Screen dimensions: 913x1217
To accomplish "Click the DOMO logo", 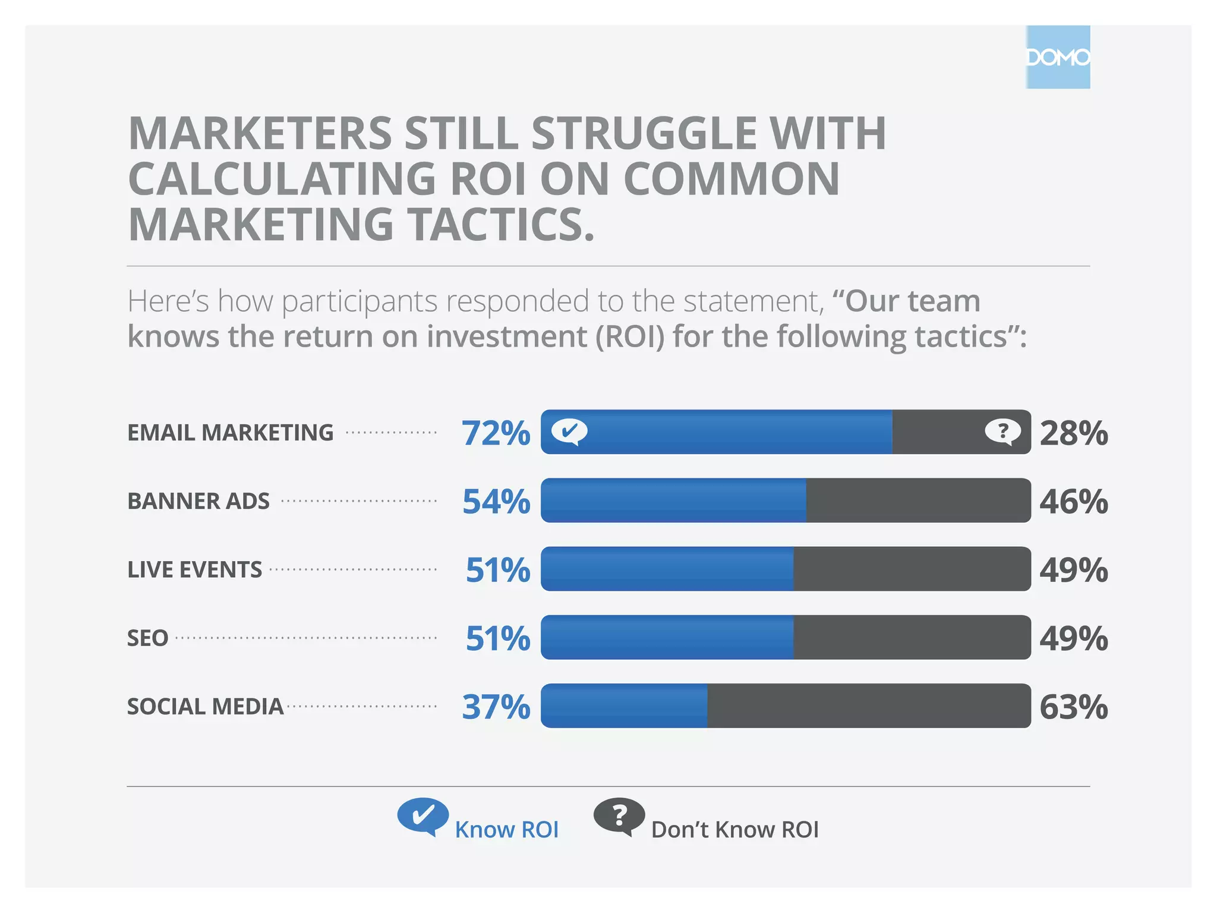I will [1058, 57].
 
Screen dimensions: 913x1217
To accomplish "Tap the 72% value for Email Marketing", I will [496, 433].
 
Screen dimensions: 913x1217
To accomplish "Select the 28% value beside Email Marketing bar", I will [1073, 433].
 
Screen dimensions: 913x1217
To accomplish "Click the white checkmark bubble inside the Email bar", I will [569, 431].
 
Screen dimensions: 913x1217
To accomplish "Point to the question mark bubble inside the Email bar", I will [1002, 431].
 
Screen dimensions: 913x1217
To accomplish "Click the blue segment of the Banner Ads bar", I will [673, 500].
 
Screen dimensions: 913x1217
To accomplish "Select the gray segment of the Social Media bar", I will [869, 706].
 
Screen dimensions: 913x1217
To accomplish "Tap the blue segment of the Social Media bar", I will [624, 706].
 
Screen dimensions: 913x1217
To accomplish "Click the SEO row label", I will [147, 638].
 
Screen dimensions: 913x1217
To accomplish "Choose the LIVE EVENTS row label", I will [194, 569].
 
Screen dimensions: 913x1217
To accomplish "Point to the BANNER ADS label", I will [198, 501].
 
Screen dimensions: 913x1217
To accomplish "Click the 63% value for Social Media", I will [1073, 707].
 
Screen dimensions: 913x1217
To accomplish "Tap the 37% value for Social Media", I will [496, 707].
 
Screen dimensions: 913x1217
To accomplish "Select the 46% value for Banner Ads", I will [1073, 501].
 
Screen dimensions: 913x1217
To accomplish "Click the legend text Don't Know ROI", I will [734, 829].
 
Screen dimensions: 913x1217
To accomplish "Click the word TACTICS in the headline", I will [502, 225].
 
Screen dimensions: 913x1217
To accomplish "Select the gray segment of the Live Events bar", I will [912, 569].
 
